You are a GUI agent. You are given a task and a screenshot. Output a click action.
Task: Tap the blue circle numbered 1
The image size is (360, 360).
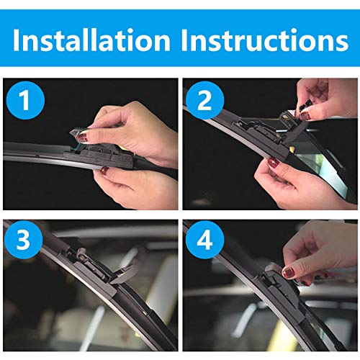pos(27,99)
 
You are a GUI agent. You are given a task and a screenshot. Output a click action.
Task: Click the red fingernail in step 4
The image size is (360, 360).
pos(289,272)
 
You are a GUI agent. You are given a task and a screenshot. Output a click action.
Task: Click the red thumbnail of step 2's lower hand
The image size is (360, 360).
pos(274,163)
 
